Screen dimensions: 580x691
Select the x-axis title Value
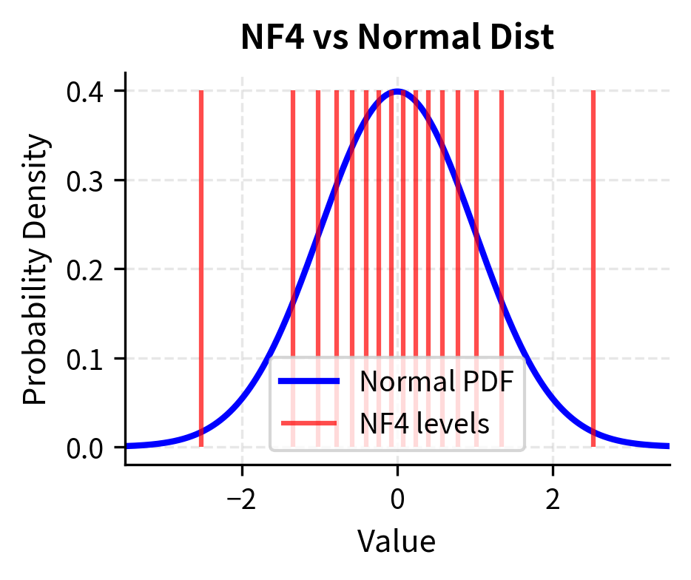tap(397, 541)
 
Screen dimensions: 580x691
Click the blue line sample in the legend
tap(309, 382)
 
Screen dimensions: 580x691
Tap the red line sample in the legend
tap(309, 423)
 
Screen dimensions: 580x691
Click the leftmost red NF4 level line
tap(201, 222)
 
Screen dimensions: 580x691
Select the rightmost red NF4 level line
tap(593, 222)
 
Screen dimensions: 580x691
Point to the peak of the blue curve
tap(397, 92)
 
